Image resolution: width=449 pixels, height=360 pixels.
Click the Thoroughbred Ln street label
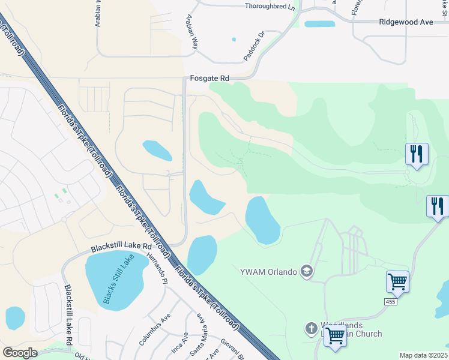coord(270,7)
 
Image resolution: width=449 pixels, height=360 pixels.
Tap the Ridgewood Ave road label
coord(406,22)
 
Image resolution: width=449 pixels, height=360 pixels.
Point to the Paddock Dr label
coord(254,46)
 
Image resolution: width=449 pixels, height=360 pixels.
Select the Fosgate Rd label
coord(209,78)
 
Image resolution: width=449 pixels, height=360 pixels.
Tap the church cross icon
coord(311,328)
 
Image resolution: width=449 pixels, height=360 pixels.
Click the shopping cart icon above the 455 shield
coord(397,281)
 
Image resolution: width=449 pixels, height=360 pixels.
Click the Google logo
coord(20,352)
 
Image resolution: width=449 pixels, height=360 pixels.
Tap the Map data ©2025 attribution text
coord(423,355)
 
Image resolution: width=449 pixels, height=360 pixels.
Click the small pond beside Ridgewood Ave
coord(319,24)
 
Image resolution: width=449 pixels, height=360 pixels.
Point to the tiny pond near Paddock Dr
coord(234,40)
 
